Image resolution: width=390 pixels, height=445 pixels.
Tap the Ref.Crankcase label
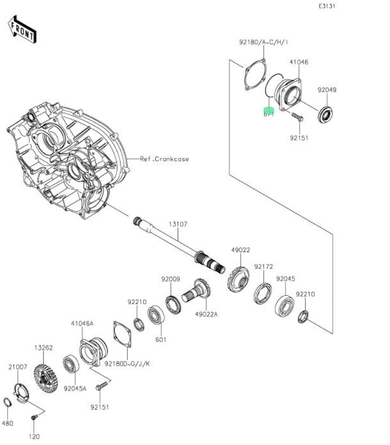[164, 159]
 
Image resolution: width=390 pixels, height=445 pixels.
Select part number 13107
[178, 225]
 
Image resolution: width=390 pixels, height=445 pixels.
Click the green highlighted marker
[269, 112]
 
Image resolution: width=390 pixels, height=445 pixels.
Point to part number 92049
[327, 90]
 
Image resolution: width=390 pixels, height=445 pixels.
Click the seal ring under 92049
[325, 114]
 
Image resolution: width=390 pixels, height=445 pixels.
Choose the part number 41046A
[82, 323]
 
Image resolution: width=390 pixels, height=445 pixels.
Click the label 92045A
[75, 388]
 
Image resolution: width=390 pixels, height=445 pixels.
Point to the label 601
[161, 339]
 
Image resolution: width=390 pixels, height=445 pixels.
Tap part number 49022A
[206, 314]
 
